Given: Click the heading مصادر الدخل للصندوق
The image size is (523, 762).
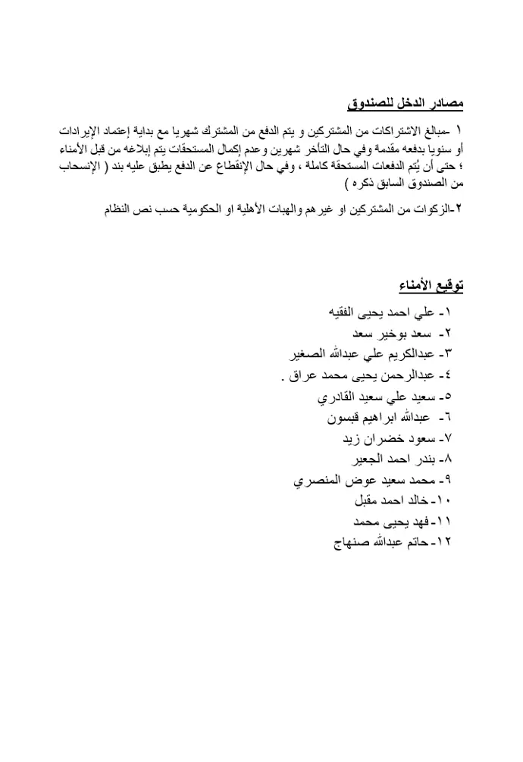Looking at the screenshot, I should [406, 102].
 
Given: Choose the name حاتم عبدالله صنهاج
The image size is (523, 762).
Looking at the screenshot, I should [381, 543].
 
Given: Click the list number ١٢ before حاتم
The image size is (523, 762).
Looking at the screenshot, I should [445, 543].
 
